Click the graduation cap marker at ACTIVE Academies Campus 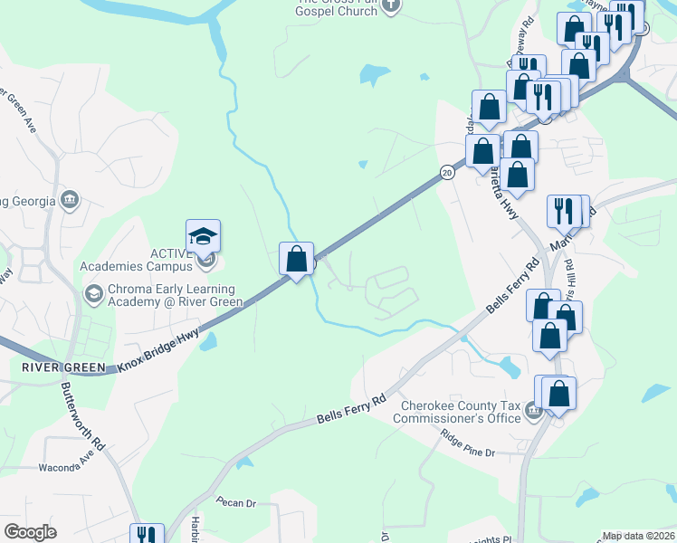pos(204,237)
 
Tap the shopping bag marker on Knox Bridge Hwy pos(296,260)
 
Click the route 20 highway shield pos(447,172)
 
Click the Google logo pos(30,532)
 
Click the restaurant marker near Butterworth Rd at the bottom pos(145,534)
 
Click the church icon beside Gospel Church pos(391,6)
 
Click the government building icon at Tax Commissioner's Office pos(533,414)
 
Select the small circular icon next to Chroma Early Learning pos(92,293)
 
